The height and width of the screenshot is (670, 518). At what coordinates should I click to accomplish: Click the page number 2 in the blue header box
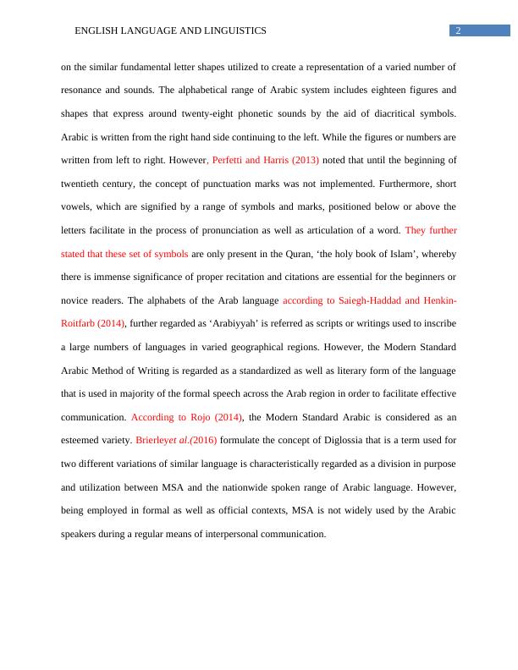point(458,30)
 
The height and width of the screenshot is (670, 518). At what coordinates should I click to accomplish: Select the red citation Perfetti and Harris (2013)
point(265,159)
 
